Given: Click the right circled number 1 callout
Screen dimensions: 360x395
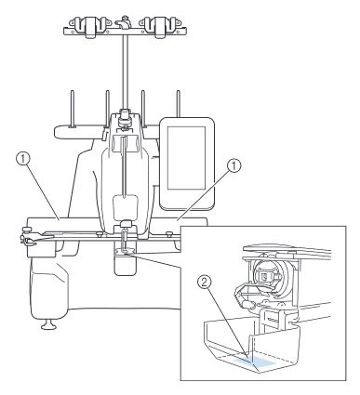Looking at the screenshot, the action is click(234, 167).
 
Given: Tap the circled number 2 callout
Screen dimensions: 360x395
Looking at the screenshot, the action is click(205, 283).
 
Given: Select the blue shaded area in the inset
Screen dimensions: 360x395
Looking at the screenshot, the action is click(255, 362).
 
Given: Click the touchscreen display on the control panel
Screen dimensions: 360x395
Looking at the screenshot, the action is click(187, 158).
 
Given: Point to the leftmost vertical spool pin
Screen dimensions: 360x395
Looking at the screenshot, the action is click(72, 109).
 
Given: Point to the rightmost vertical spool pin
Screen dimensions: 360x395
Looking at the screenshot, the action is click(179, 104).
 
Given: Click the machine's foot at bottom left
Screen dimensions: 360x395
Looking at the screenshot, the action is click(49, 325).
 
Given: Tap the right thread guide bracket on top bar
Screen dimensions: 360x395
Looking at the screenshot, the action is click(160, 26).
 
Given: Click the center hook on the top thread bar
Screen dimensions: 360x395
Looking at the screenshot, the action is click(124, 22).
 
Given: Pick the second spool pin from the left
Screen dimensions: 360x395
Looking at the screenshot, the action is click(107, 109).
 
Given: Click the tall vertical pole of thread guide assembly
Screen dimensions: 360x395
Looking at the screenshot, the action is click(124, 72).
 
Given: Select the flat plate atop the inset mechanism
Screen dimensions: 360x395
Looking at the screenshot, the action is click(286, 249).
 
